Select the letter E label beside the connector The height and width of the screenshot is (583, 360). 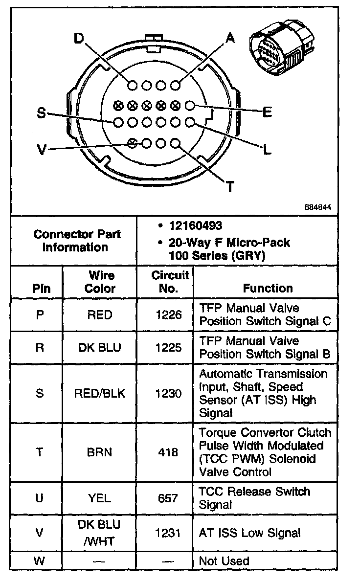[267, 112]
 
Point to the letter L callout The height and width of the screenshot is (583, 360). [267, 150]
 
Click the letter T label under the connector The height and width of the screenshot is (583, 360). [229, 187]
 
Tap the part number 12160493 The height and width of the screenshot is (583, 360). [195, 226]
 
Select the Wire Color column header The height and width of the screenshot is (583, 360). [100, 282]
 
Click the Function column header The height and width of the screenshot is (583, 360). [268, 289]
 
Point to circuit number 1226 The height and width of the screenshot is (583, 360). [168, 315]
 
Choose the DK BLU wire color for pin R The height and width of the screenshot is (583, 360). [99, 348]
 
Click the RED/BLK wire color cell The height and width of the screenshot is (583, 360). [99, 394]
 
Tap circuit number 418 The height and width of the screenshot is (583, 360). [168, 452]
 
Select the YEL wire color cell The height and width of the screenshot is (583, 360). [99, 498]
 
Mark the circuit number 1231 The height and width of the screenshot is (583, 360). [168, 533]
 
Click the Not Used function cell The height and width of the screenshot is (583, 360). [224, 561]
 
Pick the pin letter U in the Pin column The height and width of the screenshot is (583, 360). [40, 498]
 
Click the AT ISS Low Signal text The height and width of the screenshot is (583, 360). [249, 533]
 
